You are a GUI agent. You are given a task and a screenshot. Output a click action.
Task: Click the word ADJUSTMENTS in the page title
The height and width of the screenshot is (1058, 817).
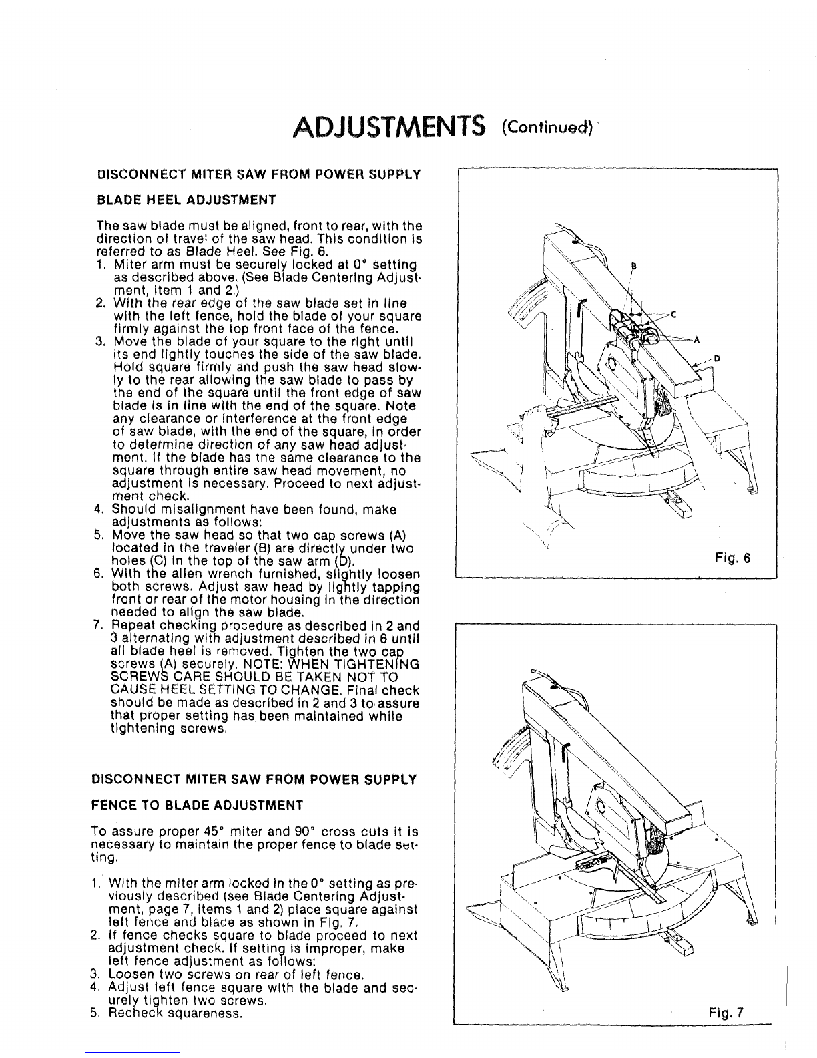(389, 127)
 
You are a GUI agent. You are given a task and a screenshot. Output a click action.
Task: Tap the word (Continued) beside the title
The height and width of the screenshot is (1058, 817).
(548, 128)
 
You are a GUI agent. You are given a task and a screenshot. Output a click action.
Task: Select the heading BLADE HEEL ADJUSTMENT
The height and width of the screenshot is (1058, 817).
(186, 200)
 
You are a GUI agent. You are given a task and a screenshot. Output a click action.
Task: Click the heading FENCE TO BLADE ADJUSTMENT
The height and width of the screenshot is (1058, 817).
(197, 806)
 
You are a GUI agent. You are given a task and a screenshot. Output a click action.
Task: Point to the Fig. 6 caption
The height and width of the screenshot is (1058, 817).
(732, 558)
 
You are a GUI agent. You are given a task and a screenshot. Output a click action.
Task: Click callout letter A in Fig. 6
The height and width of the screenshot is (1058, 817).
(696, 341)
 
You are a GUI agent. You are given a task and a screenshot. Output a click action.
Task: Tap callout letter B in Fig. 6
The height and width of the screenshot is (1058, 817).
(633, 266)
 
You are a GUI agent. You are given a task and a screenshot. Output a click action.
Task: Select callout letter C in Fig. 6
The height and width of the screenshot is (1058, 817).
(674, 315)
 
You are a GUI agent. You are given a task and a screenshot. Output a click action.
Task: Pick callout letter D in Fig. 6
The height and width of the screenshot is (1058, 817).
(717, 359)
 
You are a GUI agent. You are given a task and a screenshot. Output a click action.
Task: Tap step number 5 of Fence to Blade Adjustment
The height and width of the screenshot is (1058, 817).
(94, 1013)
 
